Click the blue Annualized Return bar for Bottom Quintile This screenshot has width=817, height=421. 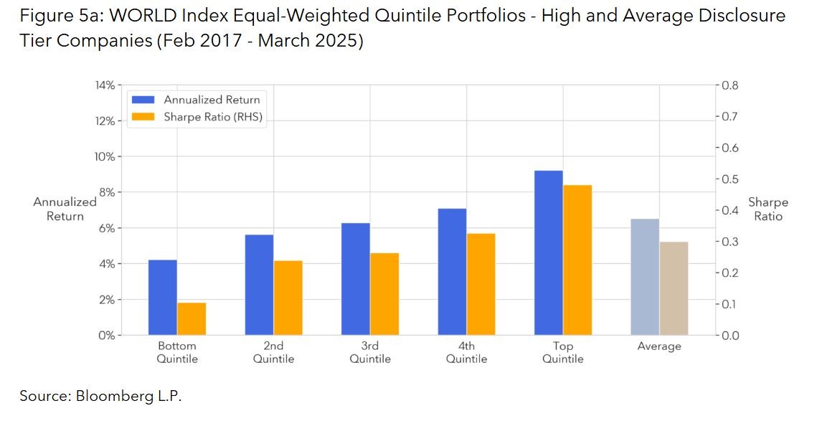coord(163,297)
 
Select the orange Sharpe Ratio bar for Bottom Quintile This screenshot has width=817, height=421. coord(192,318)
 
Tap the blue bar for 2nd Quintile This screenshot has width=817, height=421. coord(259,285)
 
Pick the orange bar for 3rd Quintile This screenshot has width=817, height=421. coord(384,294)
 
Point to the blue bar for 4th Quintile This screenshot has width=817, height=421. coord(452,272)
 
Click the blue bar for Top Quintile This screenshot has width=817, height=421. coord(548,252)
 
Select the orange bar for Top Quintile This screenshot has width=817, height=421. coord(577,260)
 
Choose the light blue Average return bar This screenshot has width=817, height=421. coord(645,277)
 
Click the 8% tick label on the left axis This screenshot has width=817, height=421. coord(105,192)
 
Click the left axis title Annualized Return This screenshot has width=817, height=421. coord(65,209)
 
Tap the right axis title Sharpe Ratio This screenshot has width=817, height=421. coord(768,209)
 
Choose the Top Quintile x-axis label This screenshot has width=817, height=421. coord(563,352)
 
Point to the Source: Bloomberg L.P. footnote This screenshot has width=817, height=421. coord(100,395)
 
